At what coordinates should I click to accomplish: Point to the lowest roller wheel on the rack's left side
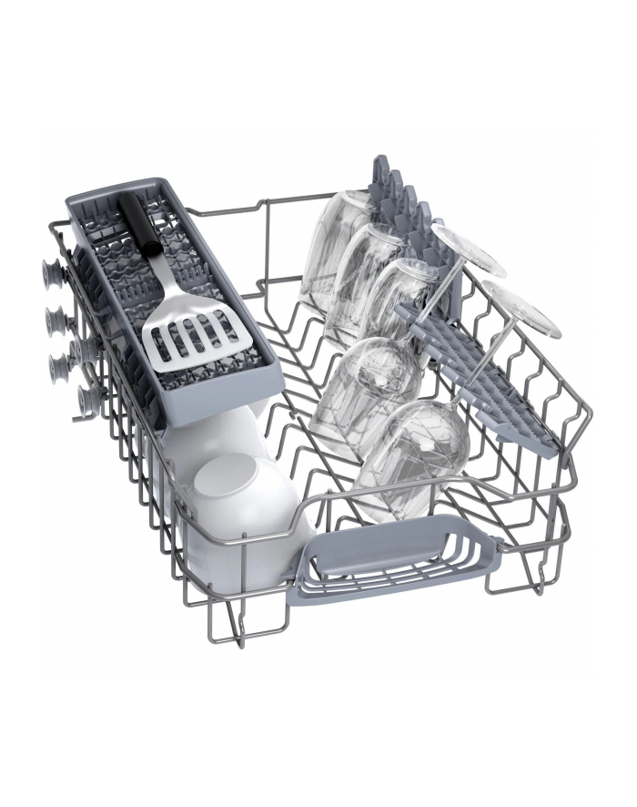88,398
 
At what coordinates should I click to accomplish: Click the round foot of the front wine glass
521,307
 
